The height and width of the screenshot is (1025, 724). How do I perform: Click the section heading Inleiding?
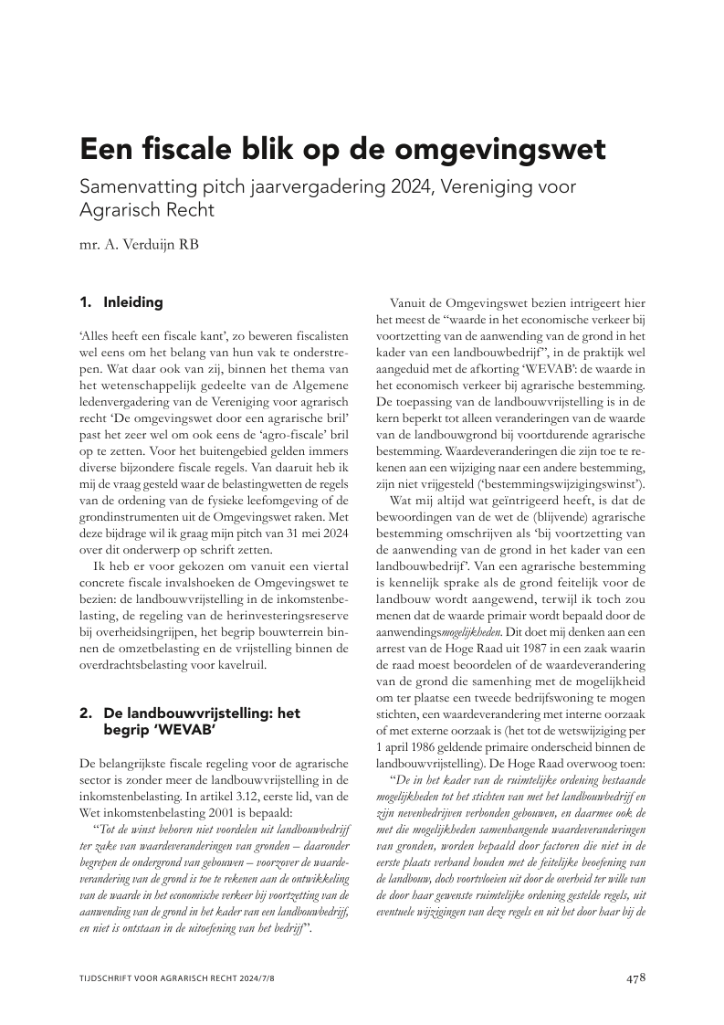(133, 301)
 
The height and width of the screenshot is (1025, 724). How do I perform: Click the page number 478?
(636, 978)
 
